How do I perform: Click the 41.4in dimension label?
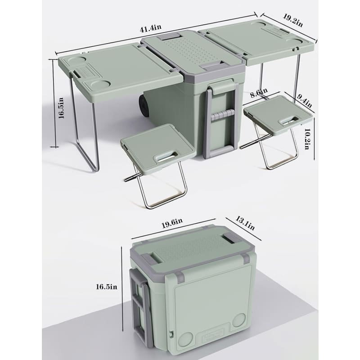click(150, 28)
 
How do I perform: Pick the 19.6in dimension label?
click(171, 221)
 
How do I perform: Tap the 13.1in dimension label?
click(246, 223)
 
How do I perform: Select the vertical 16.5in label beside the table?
click(61, 109)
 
